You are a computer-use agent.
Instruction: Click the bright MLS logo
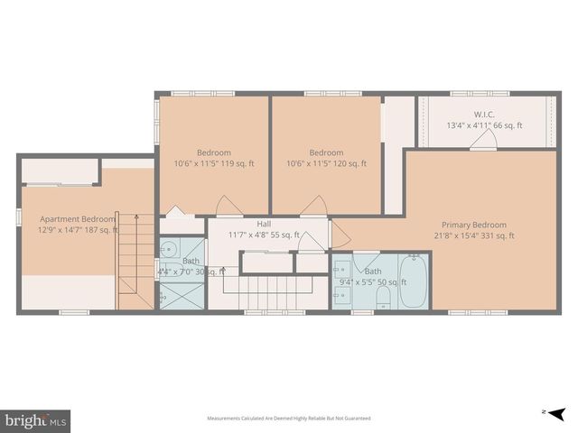click(35, 419)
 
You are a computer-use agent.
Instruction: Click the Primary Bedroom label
click(473, 225)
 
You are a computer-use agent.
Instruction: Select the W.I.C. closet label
click(485, 115)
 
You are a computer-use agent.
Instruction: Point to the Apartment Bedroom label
click(77, 219)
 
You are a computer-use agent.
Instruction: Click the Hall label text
click(264, 224)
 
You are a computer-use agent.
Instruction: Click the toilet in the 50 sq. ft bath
click(383, 300)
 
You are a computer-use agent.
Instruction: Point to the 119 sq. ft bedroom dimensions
click(214, 163)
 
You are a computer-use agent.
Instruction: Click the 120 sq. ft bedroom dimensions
click(326, 163)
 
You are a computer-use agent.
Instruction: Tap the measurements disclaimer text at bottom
click(288, 418)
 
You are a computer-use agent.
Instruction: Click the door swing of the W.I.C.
click(491, 138)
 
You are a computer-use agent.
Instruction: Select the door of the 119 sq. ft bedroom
click(228, 207)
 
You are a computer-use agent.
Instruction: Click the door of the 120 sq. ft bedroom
click(313, 207)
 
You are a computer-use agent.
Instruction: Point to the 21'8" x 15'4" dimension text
click(473, 236)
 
